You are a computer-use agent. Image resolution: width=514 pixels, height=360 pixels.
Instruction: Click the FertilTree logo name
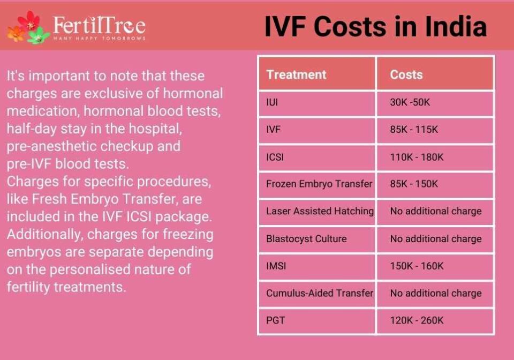point(99,25)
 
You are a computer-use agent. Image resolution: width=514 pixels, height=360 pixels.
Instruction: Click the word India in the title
point(456,27)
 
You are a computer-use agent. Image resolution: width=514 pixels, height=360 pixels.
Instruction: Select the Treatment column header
point(296,75)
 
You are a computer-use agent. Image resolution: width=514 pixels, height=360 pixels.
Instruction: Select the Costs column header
point(406,75)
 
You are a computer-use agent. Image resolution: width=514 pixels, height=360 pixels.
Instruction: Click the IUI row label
point(272,102)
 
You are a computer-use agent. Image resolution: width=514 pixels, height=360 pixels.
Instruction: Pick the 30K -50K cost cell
point(410,102)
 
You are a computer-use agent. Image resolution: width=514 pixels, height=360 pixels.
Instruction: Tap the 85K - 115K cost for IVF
point(414,130)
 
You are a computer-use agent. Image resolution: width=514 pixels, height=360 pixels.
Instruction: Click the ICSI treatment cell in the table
point(275,157)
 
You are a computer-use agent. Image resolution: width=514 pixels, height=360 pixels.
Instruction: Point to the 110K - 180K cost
point(417,157)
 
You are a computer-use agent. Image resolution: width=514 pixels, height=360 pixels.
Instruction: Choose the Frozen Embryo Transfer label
point(319,184)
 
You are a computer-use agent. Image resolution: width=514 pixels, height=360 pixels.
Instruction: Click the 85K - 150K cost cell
point(414,184)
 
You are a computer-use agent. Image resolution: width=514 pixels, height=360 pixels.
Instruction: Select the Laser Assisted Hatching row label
point(320,211)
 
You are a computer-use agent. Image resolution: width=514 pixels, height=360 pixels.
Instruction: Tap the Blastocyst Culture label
point(306,239)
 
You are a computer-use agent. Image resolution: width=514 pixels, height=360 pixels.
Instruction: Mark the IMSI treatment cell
point(276,266)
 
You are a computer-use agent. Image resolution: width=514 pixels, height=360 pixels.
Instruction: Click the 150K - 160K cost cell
point(417,266)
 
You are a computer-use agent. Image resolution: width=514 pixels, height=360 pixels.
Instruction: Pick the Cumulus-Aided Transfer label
point(320,293)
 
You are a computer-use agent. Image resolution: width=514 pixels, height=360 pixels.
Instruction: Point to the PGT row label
point(275,320)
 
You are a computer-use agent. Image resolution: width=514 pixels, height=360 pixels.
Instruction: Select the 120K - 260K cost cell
point(417,320)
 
